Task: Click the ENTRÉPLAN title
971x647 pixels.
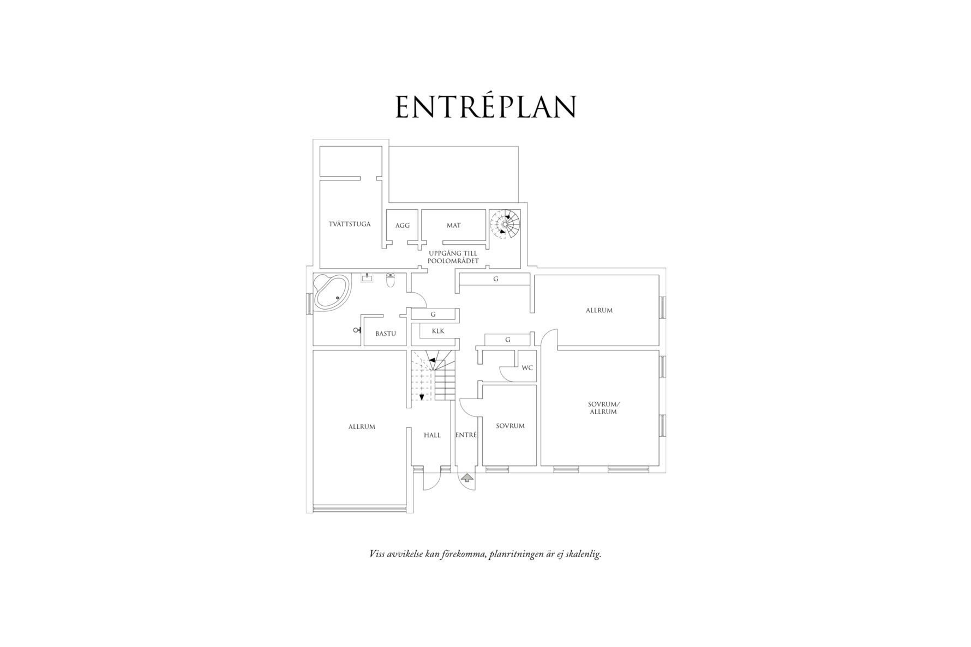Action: click(485, 107)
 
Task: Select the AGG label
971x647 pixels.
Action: click(403, 226)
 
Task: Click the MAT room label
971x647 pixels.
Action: click(453, 225)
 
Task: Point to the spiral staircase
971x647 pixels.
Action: click(505, 224)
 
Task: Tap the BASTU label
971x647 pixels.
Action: click(386, 334)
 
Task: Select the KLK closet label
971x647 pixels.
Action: click(438, 331)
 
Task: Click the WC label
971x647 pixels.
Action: click(527, 368)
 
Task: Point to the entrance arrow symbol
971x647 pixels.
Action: click(467, 479)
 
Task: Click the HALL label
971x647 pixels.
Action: click(432, 436)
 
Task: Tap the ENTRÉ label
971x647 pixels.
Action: click(466, 435)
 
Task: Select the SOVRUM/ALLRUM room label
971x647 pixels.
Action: click(603, 408)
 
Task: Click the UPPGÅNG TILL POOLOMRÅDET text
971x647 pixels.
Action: click(453, 257)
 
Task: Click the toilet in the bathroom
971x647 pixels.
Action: click(390, 280)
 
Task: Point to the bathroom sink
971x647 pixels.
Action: click(367, 279)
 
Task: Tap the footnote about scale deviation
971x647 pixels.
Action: click(485, 554)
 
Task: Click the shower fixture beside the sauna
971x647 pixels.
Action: click(357, 330)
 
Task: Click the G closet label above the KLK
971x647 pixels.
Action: click(433, 315)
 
